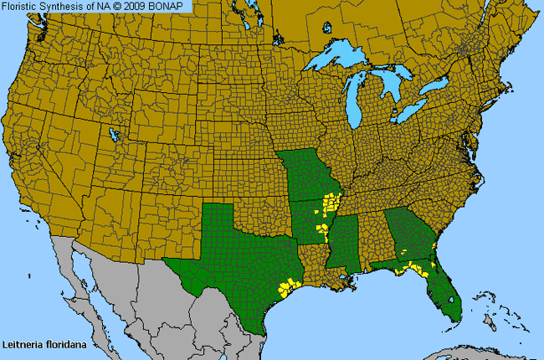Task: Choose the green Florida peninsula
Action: pos(444,293)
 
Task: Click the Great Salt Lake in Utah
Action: pos(113,134)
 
